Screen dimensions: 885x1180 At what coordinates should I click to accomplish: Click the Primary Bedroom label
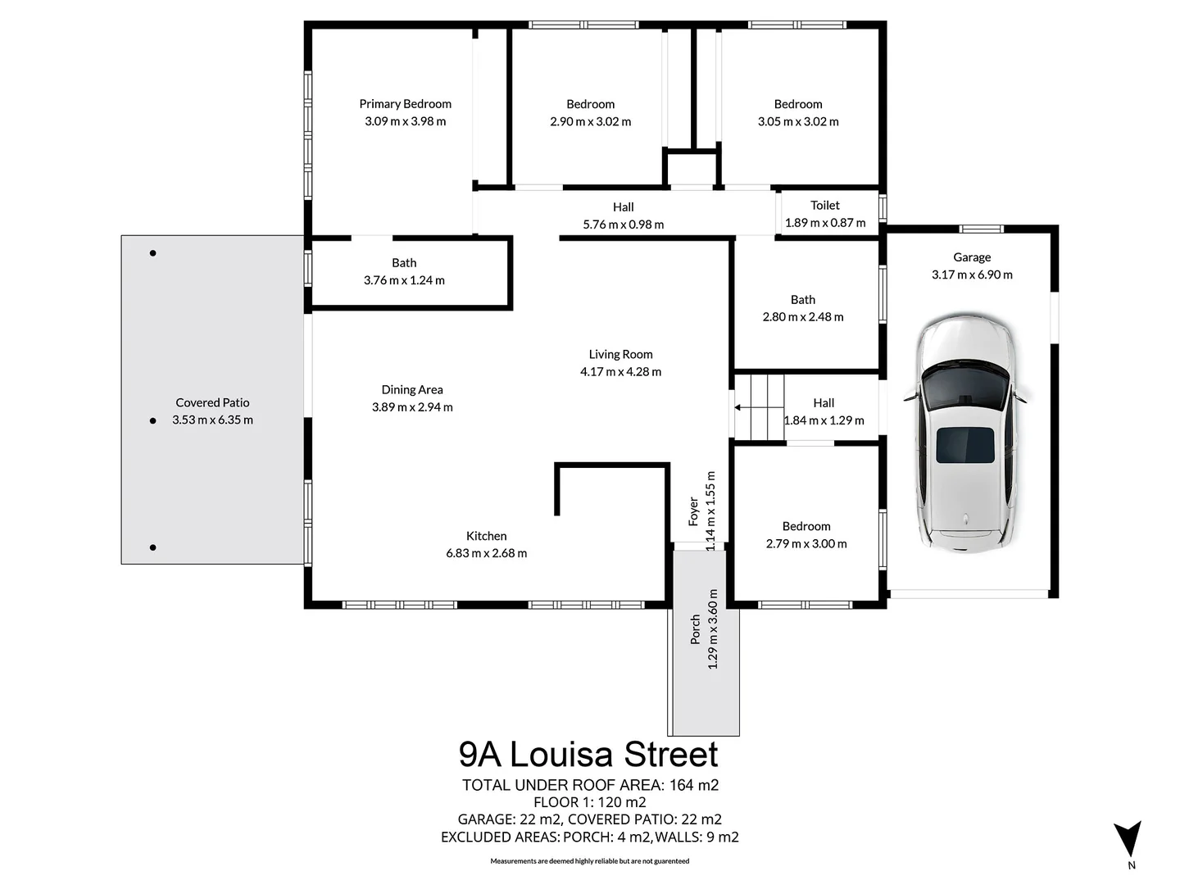405,104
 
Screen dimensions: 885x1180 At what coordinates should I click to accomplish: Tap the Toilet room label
825,206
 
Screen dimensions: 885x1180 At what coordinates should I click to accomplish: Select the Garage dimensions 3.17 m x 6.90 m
972,275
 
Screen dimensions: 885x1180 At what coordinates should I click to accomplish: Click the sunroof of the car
965,445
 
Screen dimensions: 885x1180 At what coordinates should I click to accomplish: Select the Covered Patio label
212,402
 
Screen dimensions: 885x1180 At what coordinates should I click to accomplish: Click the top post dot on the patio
153,253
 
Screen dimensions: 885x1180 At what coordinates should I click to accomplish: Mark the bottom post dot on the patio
153,547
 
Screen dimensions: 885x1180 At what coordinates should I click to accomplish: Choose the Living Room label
620,355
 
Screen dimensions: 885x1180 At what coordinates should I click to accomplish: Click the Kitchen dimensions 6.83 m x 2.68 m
486,554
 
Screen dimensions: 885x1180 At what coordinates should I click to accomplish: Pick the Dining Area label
412,390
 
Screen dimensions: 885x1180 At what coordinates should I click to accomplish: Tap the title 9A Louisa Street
588,754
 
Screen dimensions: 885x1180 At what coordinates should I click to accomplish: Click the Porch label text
696,629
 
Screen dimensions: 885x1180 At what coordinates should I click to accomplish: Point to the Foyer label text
694,511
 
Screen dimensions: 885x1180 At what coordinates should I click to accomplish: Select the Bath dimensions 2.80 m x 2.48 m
802,317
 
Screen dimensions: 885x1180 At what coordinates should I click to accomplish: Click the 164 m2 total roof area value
693,785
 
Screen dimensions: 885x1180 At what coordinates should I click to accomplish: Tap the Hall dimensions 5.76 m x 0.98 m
623,225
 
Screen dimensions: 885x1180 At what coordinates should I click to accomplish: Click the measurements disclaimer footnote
589,861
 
